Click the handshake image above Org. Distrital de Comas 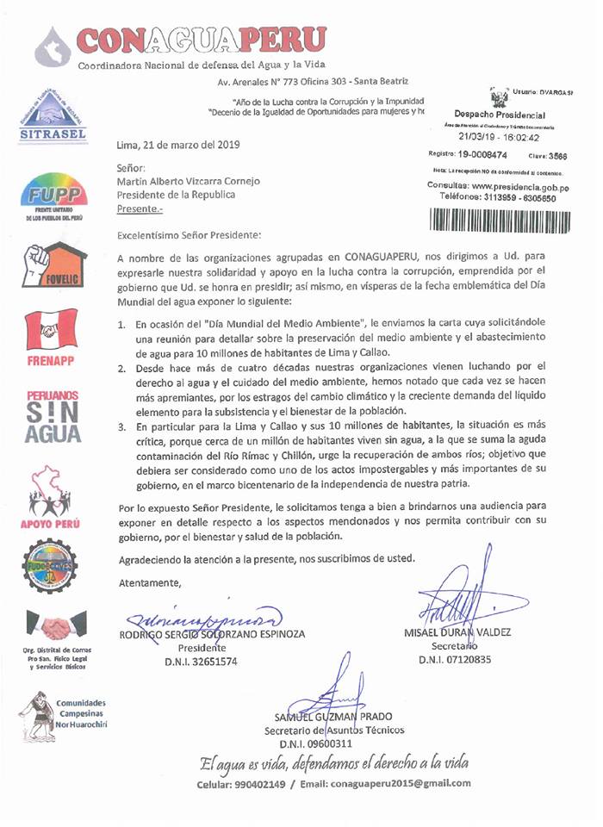pos(54,625)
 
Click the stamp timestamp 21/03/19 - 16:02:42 pos(500,136)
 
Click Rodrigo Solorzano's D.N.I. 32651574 pos(201,662)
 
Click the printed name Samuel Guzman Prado pos(328,718)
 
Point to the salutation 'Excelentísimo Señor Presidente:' pos(189,233)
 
